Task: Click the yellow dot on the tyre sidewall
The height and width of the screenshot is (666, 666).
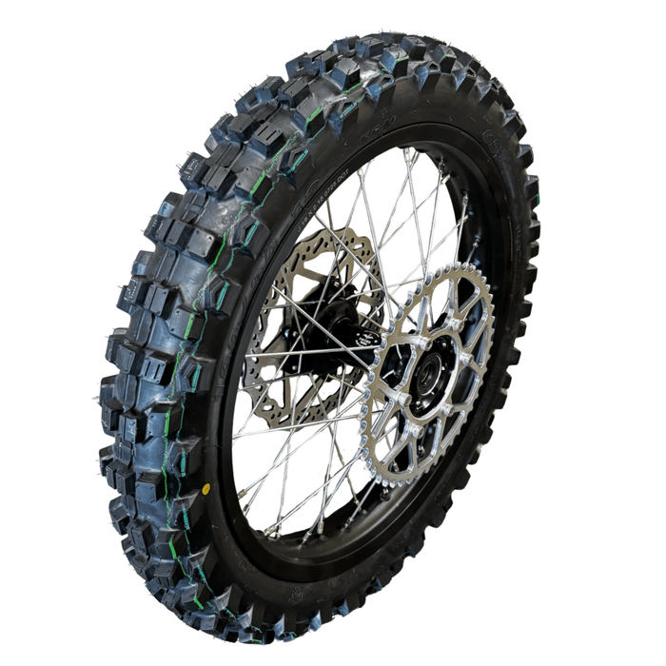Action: click(206, 489)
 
